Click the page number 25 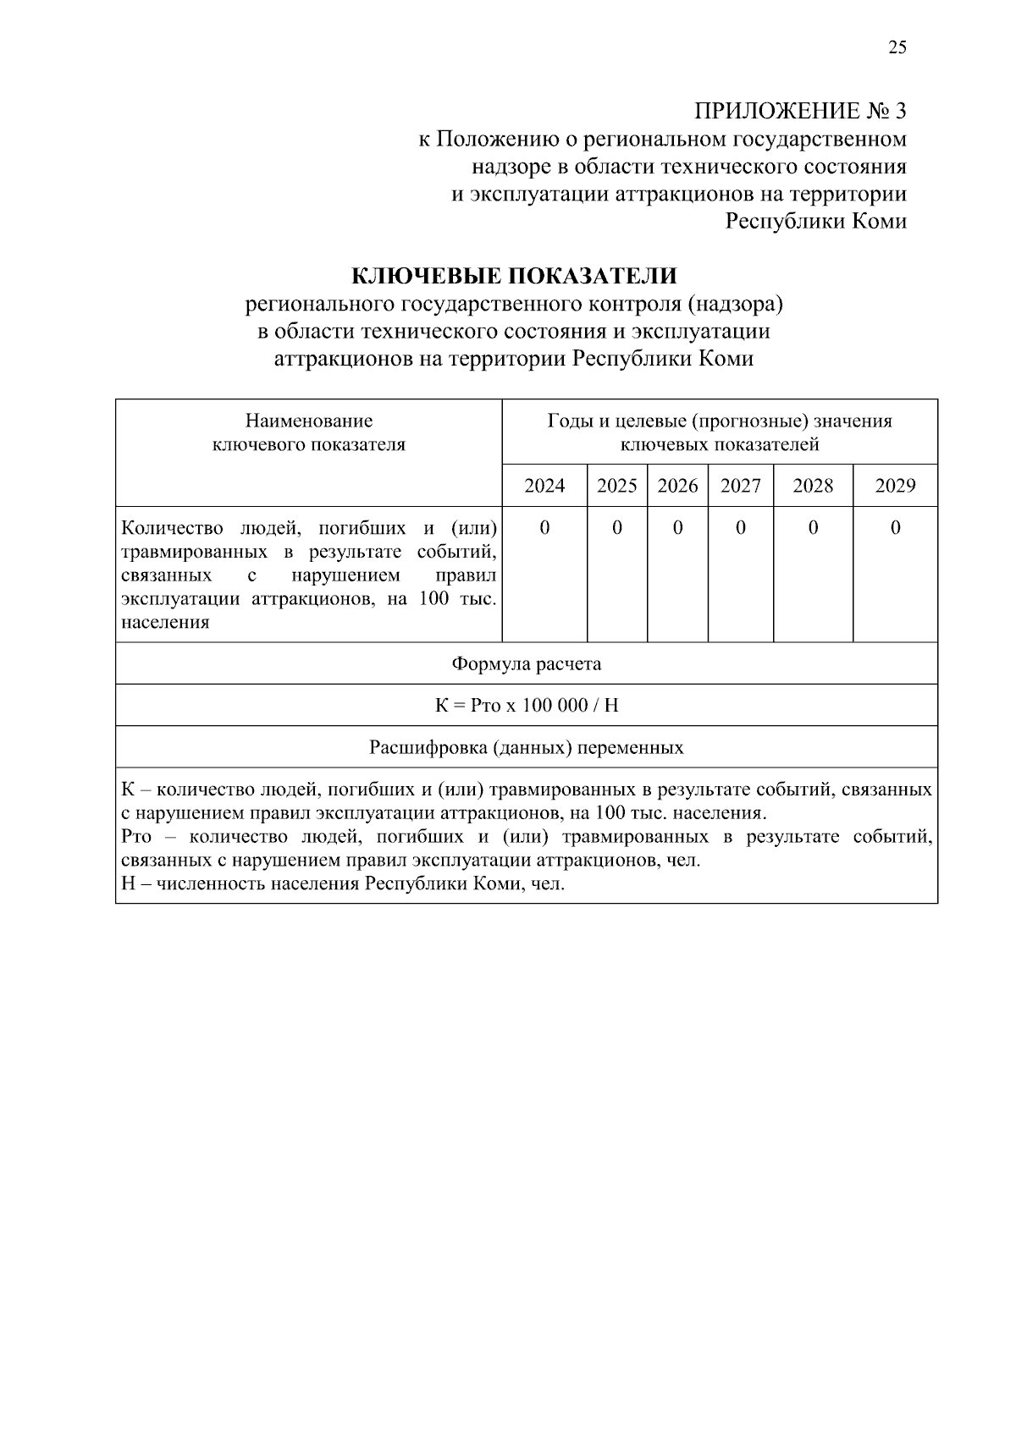pos(897,47)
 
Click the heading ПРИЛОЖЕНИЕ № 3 pos(800,111)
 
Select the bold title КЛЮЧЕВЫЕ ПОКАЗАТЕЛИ pos(514,276)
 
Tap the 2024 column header pos(544,486)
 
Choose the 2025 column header pos(616,486)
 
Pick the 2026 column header pos(677,486)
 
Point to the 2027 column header pos(740,486)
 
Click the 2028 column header pos(813,486)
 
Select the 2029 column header pos(895,486)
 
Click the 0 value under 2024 pos(544,528)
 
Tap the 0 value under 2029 pos(895,528)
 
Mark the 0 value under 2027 pos(740,528)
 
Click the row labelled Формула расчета pos(526,663)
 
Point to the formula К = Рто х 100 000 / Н pos(526,706)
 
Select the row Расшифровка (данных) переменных pos(526,748)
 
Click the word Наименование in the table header pos(308,421)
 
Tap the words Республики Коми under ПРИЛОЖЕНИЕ pos(816,222)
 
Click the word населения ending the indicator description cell pos(165,623)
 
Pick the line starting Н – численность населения pos(342,884)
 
